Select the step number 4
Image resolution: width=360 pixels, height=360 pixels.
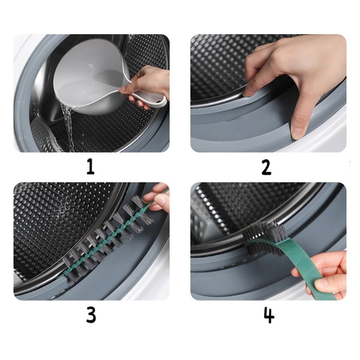pos(269,315)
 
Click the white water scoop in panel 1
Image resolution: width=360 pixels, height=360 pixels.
pos(92,78)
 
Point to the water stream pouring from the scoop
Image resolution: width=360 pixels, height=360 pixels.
pos(69,126)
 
